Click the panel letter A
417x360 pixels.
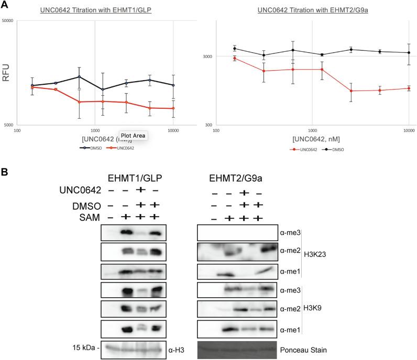pos(5,5)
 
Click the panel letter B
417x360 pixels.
pos(5,171)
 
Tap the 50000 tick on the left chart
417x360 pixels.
pos(8,21)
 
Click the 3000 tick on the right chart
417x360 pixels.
pos(208,56)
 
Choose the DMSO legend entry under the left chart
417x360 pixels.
pos(89,148)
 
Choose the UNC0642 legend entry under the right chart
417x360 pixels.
pos(302,149)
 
